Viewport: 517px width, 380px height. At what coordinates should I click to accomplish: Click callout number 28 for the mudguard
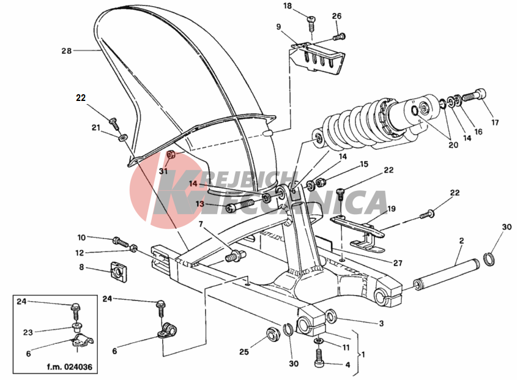click(66, 51)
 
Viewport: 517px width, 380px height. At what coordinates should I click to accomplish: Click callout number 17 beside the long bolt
click(496, 122)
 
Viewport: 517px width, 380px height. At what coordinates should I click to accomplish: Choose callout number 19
click(392, 209)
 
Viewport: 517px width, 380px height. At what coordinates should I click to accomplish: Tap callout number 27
click(397, 263)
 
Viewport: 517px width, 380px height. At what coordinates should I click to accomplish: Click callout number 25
click(244, 352)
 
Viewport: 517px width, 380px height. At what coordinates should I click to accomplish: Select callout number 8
click(82, 267)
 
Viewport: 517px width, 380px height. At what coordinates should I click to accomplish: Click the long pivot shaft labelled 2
click(447, 273)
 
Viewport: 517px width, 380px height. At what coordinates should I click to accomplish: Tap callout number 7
click(199, 225)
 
